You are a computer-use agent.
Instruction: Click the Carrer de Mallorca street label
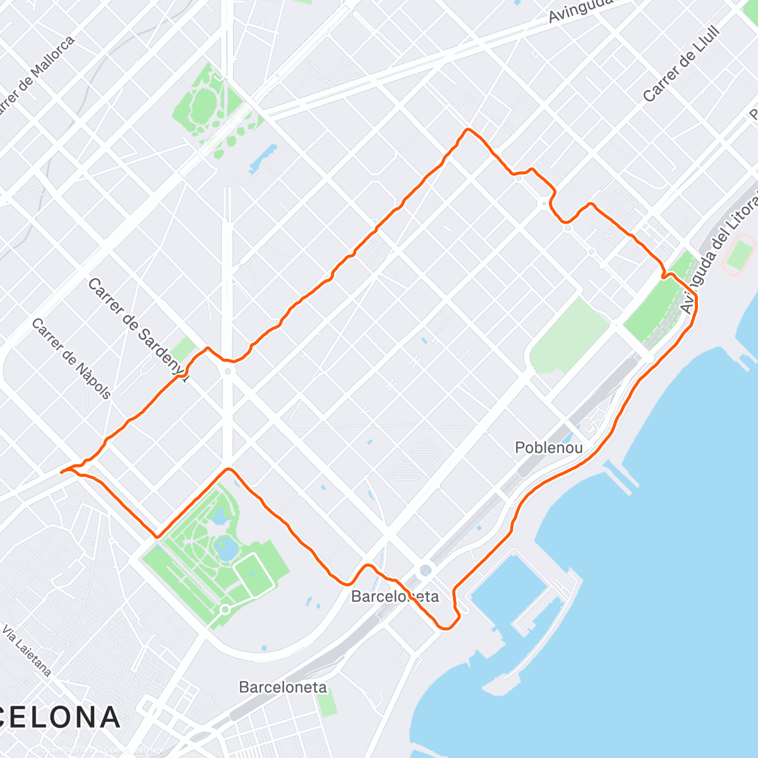point(35,76)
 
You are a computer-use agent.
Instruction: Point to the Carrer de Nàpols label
point(71,359)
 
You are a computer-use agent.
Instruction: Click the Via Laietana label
point(27,651)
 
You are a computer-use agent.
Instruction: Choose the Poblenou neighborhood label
point(548,448)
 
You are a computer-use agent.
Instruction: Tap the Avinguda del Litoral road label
point(720,256)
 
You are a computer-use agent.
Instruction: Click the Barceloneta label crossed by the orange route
point(395,596)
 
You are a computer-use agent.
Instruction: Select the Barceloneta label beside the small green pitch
point(282,687)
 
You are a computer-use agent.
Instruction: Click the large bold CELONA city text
point(60,718)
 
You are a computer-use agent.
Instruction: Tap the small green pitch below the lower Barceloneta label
point(327,702)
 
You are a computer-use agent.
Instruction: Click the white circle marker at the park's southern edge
point(225,610)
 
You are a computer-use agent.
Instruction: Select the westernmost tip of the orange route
point(61,472)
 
